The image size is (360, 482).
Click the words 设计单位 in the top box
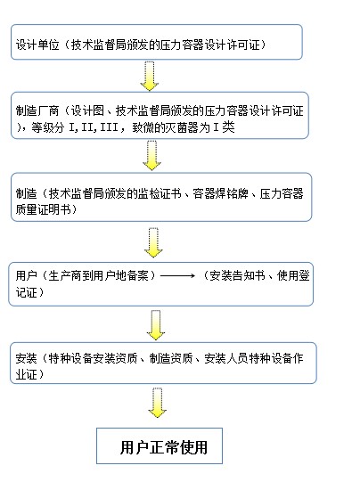pos(37,45)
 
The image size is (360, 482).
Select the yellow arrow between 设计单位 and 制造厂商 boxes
pos(150,76)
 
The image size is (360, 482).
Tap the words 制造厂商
pos(37,110)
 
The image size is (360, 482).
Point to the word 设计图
pos(87,110)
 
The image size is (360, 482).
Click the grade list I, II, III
pos(94,127)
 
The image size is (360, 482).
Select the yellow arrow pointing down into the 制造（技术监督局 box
pos(151,155)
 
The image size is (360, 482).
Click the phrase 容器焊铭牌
pos(220,193)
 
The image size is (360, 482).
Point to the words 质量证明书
pos(43,209)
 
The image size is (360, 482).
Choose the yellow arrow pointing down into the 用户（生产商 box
pos(153,242)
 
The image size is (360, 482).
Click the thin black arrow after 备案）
pos(177,275)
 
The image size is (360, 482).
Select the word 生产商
pos(65,275)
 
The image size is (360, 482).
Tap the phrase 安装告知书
pos(237,275)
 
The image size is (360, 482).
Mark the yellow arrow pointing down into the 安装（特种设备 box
pos(156,325)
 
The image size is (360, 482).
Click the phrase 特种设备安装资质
pos(93,358)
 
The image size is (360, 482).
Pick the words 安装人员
pos(226,358)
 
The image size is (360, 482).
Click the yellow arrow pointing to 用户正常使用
pos(158,403)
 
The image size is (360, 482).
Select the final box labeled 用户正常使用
pos(160,445)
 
